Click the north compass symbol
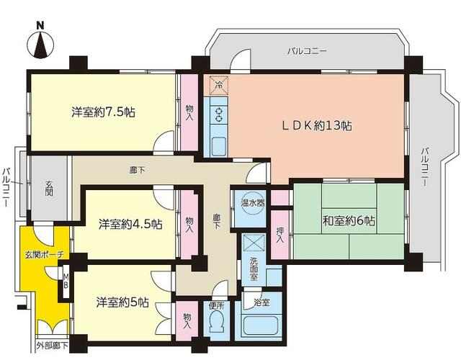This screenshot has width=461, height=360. (x=40, y=45)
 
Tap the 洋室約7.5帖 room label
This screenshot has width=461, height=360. (x=104, y=112)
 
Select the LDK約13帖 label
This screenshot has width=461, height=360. (x=317, y=126)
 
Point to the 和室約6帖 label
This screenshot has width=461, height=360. (x=349, y=220)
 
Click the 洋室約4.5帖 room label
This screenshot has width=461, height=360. (x=130, y=225)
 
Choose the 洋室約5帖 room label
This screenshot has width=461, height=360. (x=122, y=302)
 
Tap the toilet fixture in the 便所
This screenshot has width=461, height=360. (x=216, y=323)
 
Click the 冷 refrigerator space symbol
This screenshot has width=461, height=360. (x=219, y=85)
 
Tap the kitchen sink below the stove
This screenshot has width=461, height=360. (x=219, y=145)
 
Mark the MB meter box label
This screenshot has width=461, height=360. (x=66, y=281)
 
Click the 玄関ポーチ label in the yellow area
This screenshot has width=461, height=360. (x=44, y=255)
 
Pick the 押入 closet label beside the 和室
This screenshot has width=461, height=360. (x=280, y=235)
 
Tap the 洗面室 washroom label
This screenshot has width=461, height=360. (x=254, y=269)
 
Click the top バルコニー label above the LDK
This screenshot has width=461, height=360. (x=308, y=51)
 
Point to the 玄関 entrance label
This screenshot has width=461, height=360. (x=49, y=189)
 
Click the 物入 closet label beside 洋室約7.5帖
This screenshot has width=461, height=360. (x=190, y=113)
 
